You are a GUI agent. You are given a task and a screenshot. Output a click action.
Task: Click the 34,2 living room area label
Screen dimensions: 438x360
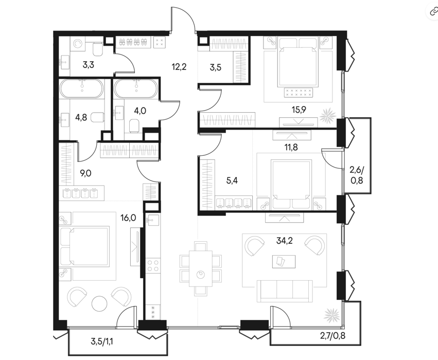(x=284, y=240)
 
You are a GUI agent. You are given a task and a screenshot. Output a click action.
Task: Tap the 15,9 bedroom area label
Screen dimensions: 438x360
(x=299, y=110)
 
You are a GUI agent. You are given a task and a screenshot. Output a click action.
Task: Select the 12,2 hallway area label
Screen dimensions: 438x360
(x=179, y=67)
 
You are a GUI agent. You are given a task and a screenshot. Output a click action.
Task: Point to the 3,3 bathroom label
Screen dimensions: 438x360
(x=89, y=65)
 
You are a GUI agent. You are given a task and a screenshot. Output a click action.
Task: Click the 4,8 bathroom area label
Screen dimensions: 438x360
(x=81, y=117)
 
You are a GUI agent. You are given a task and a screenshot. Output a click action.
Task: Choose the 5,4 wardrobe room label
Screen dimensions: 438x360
(x=232, y=181)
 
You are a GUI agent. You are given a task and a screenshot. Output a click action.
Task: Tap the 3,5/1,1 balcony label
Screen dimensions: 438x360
(x=102, y=341)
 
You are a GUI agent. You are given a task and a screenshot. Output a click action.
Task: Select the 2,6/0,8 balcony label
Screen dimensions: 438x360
(x=357, y=175)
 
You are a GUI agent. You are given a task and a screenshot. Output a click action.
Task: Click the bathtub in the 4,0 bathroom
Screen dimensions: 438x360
(x=136, y=89)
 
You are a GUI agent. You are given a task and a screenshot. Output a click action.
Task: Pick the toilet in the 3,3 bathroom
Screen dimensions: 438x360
(x=97, y=49)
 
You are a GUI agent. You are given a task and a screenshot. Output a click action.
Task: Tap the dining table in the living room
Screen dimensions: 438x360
(x=201, y=268)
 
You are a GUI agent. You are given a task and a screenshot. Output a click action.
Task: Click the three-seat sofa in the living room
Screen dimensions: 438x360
(x=285, y=291)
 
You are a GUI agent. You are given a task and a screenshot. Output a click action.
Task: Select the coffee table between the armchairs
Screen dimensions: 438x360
(x=284, y=261)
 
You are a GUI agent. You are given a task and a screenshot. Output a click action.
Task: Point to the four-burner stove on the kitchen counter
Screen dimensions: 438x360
(x=153, y=265)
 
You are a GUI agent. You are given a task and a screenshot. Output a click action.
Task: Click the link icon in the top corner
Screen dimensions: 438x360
(x=433, y=11)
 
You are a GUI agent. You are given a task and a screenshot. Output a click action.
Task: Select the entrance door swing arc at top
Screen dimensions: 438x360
(x=186, y=14)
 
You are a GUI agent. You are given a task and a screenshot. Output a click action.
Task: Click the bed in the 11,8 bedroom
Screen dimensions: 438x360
(x=292, y=185)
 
